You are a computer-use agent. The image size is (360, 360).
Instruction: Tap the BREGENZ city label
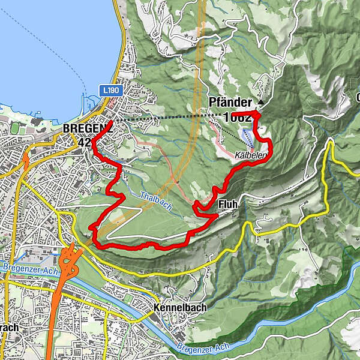85,128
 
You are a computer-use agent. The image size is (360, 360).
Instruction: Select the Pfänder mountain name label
230,102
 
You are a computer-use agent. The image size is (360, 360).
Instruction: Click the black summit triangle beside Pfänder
260,101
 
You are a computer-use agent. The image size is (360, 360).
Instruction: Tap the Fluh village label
228,205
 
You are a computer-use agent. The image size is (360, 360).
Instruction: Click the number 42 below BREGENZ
84,142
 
